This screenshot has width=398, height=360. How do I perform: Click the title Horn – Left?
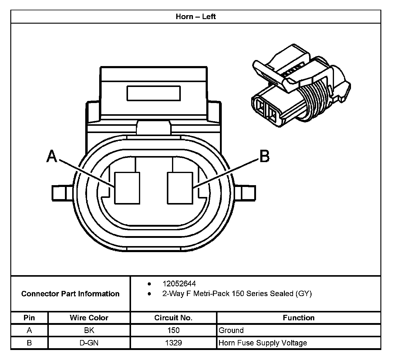point(196,16)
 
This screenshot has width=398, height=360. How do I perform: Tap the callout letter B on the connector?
point(264,157)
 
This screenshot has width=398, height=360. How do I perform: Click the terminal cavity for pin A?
point(127,188)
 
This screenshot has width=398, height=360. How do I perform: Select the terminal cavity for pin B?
point(180,188)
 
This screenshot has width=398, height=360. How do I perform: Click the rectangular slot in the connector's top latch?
point(153,93)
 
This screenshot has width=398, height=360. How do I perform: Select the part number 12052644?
point(179,284)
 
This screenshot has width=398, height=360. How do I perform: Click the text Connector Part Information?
point(70,294)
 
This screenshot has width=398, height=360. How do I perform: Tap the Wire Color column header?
point(89,318)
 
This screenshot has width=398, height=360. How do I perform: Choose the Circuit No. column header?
point(173,318)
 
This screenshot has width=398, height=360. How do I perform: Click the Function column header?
point(298,318)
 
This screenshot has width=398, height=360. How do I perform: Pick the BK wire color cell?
point(89,330)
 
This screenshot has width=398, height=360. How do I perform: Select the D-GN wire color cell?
point(89,343)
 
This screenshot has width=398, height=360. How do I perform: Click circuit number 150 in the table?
point(173,330)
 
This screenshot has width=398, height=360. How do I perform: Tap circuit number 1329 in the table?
point(173,343)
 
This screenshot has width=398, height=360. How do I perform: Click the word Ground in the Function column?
point(231,330)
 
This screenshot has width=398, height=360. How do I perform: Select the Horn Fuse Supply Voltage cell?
point(263,343)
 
